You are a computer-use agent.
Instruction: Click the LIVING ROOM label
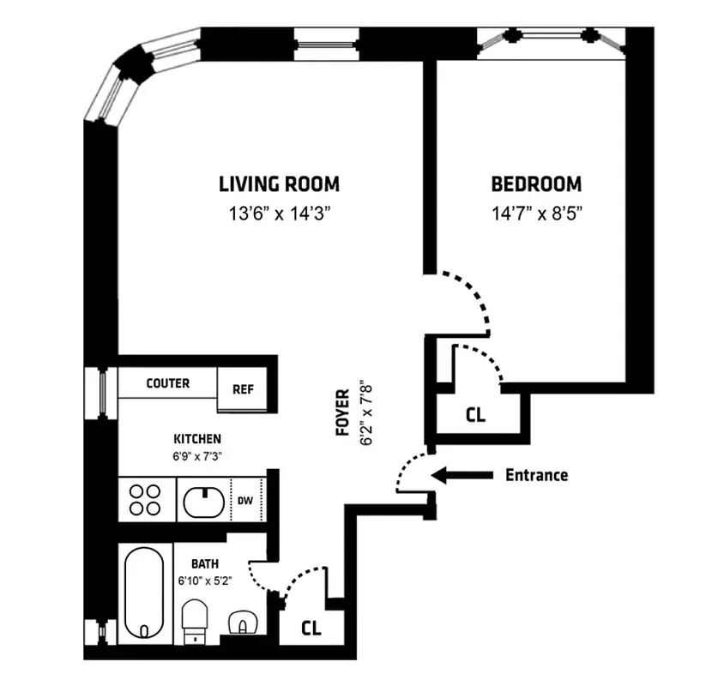coord(279,184)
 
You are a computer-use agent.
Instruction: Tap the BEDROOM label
coord(536,184)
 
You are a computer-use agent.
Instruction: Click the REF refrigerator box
coord(244,388)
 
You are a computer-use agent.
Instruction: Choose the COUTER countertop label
coord(168,383)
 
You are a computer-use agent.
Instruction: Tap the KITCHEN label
coord(197,439)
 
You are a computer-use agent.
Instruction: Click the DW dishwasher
coord(244,498)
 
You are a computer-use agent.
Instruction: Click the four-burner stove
coord(146,499)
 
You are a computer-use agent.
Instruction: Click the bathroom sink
coord(244,621)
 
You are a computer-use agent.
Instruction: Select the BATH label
coord(204,564)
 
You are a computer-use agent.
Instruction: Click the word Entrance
coord(536,475)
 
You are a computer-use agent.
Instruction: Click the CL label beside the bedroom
coord(475,415)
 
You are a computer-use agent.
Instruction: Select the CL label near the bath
coord(311,628)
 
